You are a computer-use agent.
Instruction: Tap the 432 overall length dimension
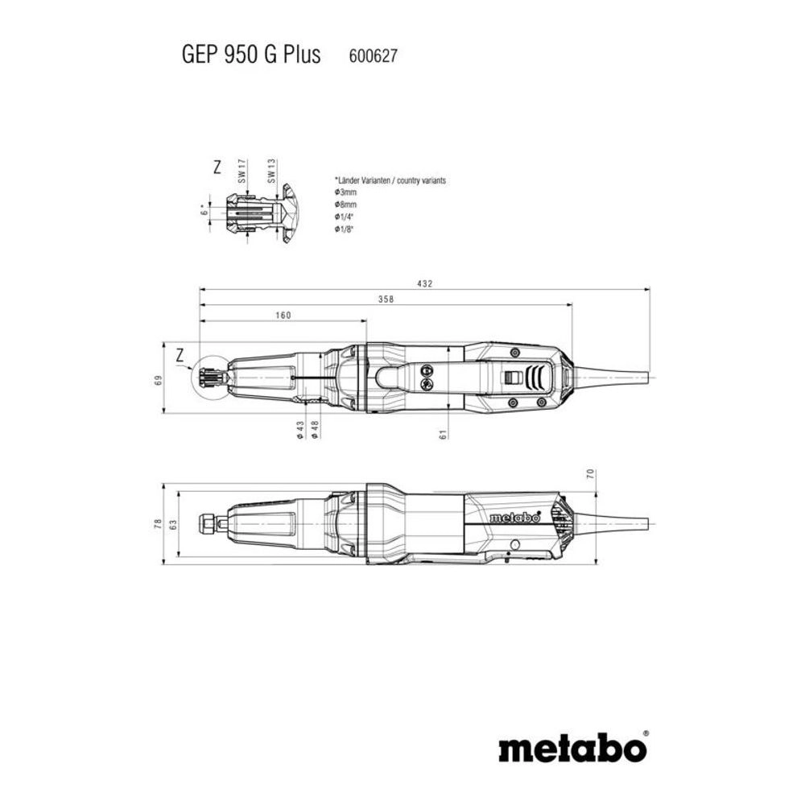[x=425, y=283]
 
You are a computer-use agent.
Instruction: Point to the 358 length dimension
[x=386, y=299]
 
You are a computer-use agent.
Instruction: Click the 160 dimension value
[x=283, y=316]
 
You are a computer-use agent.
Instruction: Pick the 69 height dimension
[x=159, y=379]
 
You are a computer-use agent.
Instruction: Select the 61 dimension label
[x=442, y=436]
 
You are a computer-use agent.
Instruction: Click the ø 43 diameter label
[x=299, y=430]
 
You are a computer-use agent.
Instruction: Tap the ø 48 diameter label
[x=316, y=430]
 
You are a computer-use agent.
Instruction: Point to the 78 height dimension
[x=159, y=524]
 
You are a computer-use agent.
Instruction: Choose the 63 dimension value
[x=174, y=524]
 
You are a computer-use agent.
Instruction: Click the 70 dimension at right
[x=589, y=474]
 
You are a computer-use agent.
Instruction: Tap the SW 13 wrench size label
[x=273, y=173]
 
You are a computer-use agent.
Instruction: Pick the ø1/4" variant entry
[x=345, y=217]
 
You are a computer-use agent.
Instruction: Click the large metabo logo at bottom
[x=572, y=748]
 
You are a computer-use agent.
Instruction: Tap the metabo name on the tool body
[x=514, y=518]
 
